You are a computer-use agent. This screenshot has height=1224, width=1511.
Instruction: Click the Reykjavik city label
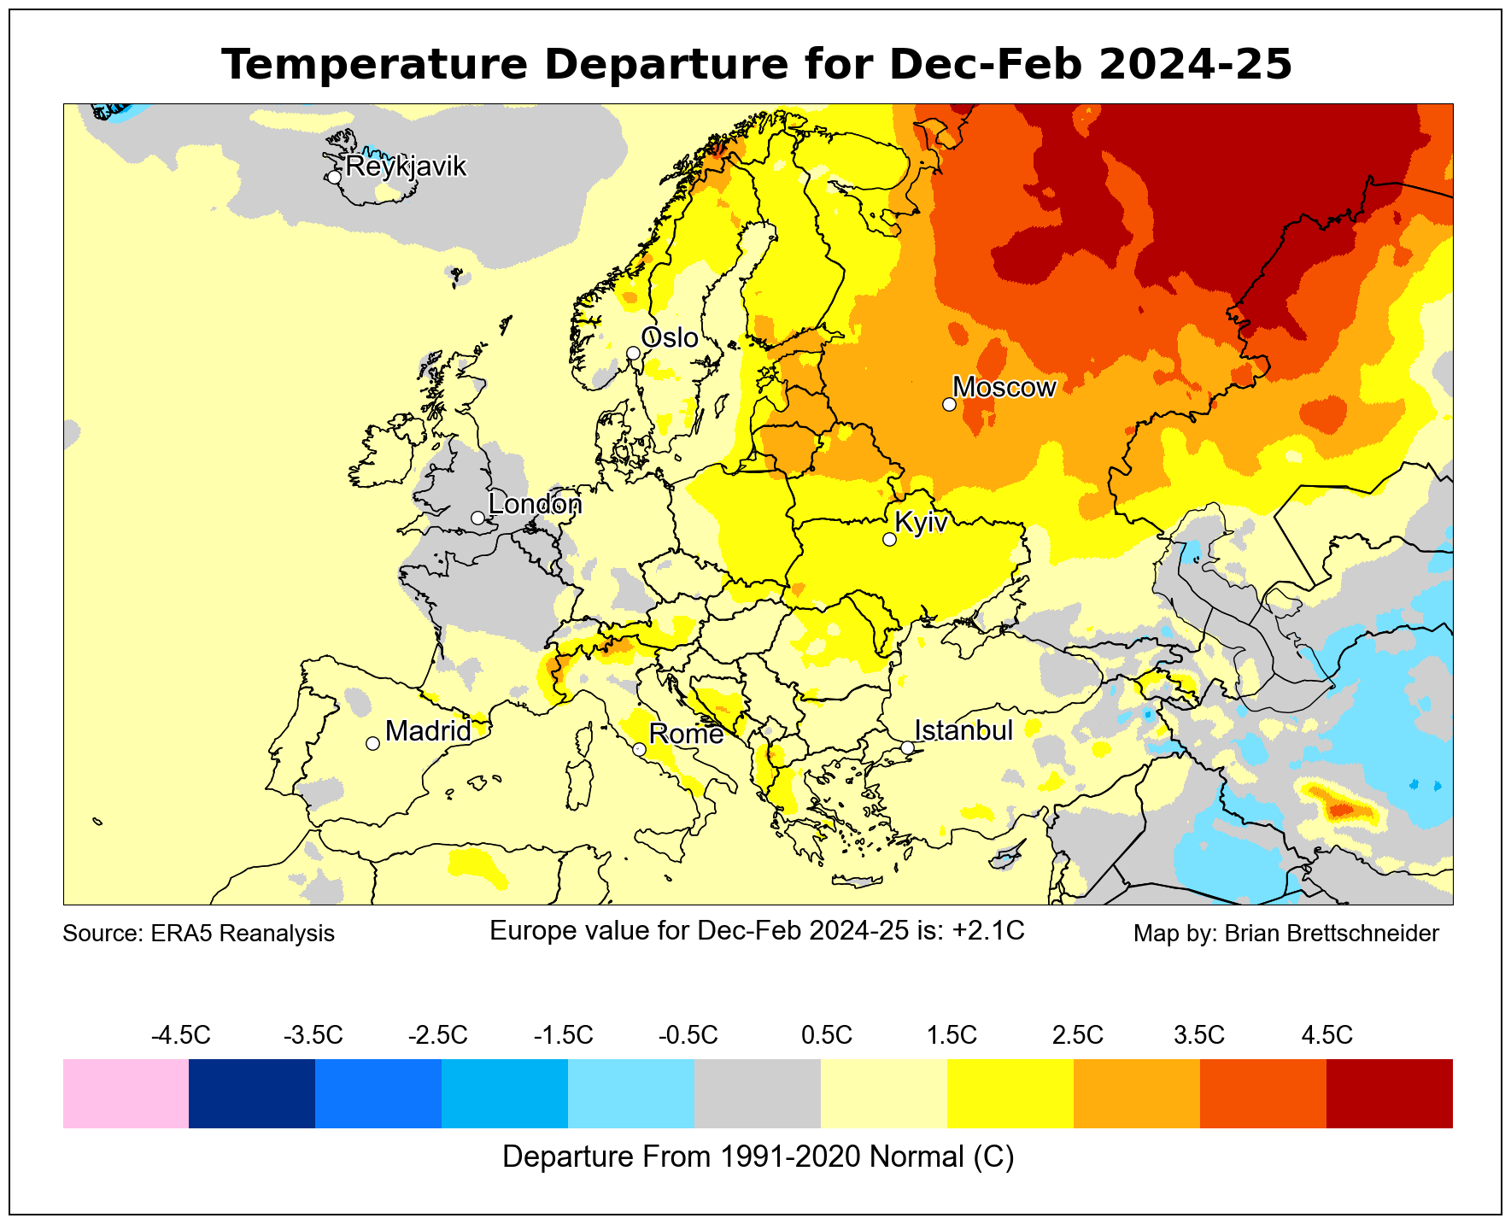tap(406, 166)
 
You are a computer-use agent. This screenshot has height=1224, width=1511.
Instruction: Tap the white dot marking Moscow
tap(949, 404)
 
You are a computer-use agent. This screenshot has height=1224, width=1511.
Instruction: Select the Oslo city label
tap(670, 338)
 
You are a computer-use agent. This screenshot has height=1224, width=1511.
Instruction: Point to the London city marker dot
tap(477, 518)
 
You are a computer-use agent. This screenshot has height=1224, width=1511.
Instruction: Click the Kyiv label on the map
tap(921, 522)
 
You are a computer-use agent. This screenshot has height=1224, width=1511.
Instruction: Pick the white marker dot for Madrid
tap(372, 743)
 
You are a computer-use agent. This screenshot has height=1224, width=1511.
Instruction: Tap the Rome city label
tap(686, 734)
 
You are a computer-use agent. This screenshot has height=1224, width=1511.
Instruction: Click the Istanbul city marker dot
tap(907, 747)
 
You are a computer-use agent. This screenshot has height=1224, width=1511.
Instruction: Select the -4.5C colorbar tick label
tap(180, 1036)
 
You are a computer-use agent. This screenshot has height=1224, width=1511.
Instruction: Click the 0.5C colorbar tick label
tap(826, 1036)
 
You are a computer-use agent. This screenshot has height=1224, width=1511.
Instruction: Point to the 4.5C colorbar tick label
tap(1327, 1036)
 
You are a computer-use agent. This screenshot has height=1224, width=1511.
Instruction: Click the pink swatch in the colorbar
tap(126, 1093)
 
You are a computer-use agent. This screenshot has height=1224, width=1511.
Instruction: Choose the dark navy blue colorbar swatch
tap(252, 1093)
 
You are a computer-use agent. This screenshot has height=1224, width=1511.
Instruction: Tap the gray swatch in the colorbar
tap(758, 1093)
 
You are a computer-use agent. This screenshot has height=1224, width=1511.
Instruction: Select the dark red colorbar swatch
tap(1390, 1093)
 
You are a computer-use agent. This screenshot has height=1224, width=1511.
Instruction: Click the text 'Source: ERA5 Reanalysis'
tap(198, 934)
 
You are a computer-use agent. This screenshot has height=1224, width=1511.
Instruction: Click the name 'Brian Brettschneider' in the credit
tap(1332, 934)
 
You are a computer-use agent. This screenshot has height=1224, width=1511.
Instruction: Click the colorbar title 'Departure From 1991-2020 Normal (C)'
tap(758, 1157)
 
